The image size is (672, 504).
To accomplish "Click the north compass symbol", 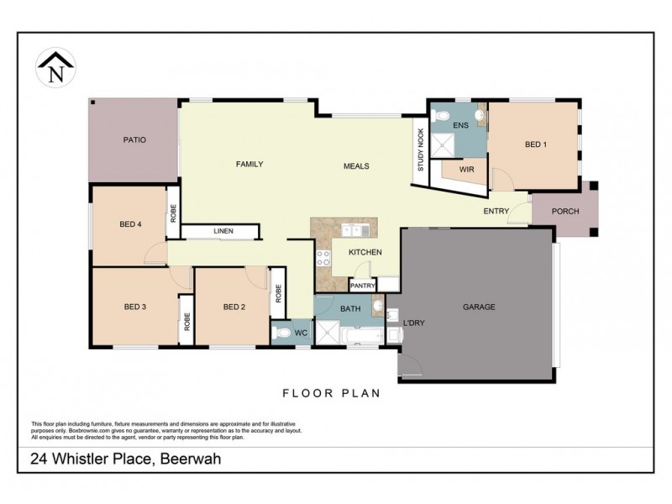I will pos(56,66).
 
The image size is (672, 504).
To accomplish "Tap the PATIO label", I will pos(134,139).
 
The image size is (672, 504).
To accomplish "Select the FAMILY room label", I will pos(249,165).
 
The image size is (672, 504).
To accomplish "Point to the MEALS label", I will pos(356,165).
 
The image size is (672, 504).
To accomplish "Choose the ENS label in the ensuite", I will pos(459,125).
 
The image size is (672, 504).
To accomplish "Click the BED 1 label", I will pos(536,144).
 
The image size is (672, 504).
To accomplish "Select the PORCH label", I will pos(564,211).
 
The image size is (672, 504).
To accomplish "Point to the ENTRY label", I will pos(496,211).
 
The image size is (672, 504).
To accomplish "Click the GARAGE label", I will pos(479,307).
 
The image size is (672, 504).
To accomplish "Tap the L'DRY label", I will pos(412,323).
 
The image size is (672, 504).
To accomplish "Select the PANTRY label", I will pos(362,285).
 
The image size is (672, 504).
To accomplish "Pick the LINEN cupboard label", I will pos(223,231).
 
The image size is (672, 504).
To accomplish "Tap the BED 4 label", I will pos(130,224).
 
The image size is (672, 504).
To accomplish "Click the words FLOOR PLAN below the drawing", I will pos(331,392).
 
